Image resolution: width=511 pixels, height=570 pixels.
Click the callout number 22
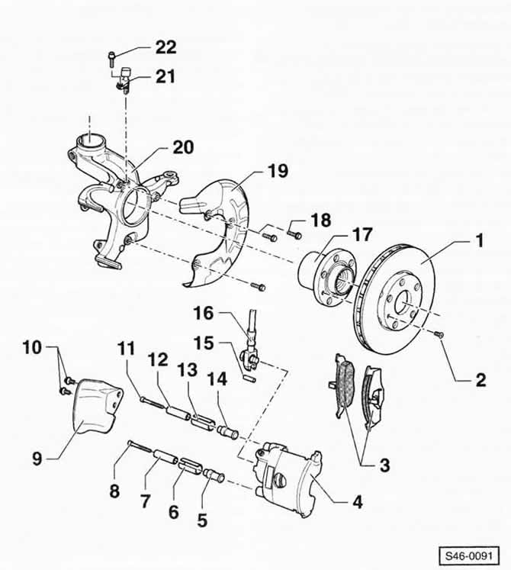[x=166, y=47]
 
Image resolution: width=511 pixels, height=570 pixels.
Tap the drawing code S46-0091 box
[x=469, y=556]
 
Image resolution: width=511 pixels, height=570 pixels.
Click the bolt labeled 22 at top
[x=111, y=59]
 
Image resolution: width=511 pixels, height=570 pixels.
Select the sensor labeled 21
[x=124, y=80]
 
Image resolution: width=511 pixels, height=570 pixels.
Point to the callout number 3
[x=384, y=465]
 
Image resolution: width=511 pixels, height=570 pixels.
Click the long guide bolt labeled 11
[x=153, y=403]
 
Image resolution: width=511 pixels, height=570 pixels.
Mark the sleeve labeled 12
[x=178, y=414]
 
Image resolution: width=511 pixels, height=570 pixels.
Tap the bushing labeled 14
[x=227, y=431]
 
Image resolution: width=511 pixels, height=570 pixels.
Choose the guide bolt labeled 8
[x=140, y=446]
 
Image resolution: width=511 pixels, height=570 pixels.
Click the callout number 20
[x=183, y=147]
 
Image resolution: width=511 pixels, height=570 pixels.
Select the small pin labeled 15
[x=250, y=378]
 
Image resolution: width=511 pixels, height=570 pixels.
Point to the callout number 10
[x=32, y=347]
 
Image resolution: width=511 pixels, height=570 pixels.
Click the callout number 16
[x=203, y=313]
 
